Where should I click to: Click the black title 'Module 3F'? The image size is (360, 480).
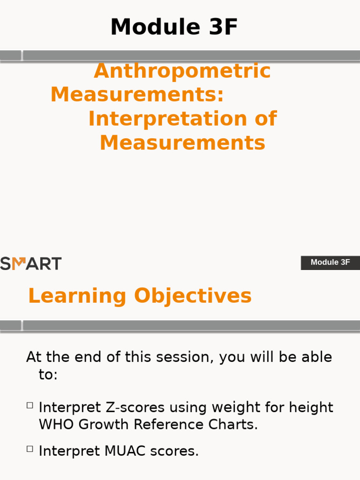click(x=174, y=27)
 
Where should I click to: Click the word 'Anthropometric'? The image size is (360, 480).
click(x=182, y=71)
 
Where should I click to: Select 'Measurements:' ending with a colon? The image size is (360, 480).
click(x=137, y=95)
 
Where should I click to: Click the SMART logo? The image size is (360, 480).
click(x=30, y=263)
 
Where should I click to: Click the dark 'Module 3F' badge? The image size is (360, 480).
click(x=330, y=262)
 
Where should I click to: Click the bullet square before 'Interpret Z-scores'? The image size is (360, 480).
click(x=30, y=405)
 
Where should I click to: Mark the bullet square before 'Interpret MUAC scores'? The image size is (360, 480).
click(x=30, y=449)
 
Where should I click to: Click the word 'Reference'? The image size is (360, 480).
click(x=167, y=425)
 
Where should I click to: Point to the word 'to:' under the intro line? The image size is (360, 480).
click(x=48, y=375)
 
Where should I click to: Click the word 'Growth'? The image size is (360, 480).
click(x=104, y=425)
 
